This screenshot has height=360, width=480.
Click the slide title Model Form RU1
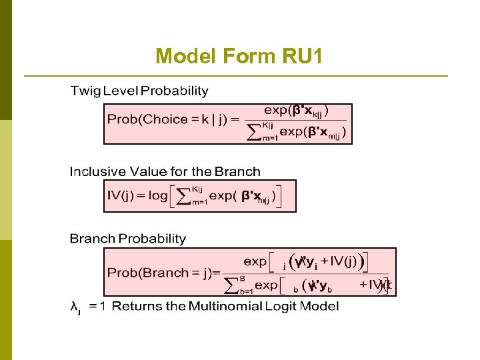[x=239, y=57]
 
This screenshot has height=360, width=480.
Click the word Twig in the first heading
[x=85, y=91]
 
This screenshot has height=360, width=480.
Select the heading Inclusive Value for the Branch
[x=165, y=172]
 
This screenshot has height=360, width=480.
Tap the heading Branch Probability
[x=128, y=238]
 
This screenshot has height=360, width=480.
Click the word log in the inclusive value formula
[x=158, y=196]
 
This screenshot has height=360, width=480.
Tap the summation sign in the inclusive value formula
[x=183, y=196]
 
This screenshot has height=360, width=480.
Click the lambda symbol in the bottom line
[x=75, y=307]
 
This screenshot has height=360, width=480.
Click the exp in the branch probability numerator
[x=255, y=261]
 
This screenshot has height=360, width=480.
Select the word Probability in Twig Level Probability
[x=174, y=91]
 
